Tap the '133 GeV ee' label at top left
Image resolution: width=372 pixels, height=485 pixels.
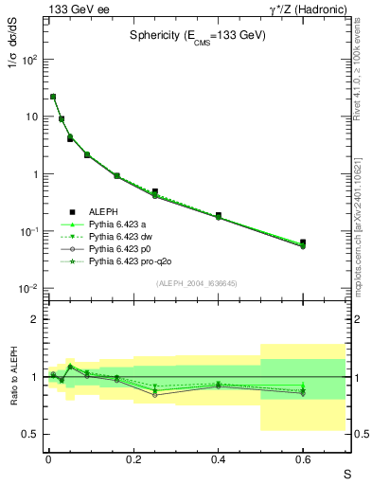(x=72, y=9)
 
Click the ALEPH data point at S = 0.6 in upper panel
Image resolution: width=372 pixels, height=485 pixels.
(x=303, y=242)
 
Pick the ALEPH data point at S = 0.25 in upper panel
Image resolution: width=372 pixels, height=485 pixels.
(x=154, y=191)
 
